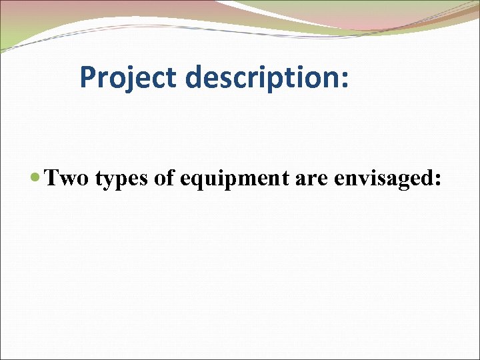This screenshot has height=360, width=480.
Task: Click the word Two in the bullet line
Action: click(x=66, y=178)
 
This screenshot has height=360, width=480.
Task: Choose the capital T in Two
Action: click(x=51, y=178)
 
